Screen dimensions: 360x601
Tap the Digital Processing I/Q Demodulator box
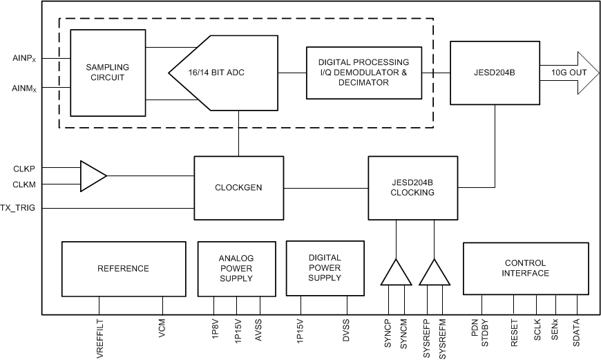tap(364, 73)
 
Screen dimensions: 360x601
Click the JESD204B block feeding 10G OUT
tap(495, 73)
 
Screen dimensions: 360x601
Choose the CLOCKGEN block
tap(238, 187)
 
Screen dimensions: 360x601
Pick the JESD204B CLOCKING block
tap(412, 187)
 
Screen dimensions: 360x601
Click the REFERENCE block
tap(123, 269)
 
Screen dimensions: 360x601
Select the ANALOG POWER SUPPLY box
tap(236, 269)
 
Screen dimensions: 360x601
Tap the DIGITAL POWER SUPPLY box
tap(324, 268)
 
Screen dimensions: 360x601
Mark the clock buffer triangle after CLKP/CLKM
tap(92, 176)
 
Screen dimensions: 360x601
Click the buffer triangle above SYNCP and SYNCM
tap(394, 273)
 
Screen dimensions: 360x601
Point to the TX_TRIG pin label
tap(22, 207)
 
